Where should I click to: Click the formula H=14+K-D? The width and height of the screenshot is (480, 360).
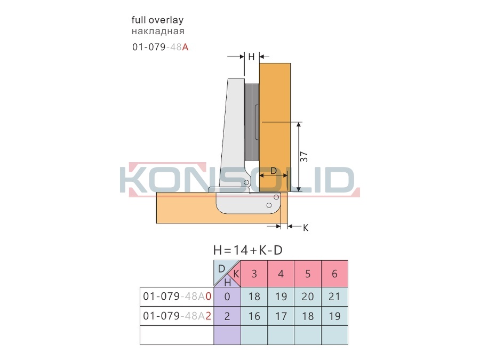[247, 250]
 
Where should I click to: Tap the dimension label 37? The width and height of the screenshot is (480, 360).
[303, 156]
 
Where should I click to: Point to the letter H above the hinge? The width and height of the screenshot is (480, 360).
[251, 57]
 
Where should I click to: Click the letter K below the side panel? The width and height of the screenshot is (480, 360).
[306, 228]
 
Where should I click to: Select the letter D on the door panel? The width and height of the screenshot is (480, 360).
[274, 171]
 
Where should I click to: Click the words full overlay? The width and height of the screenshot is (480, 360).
[157, 20]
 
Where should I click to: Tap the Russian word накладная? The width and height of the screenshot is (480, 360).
[158, 31]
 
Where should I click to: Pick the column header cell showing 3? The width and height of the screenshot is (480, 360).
[254, 274]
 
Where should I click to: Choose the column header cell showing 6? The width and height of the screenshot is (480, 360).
[334, 274]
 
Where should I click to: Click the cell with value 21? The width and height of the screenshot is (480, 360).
[334, 297]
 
